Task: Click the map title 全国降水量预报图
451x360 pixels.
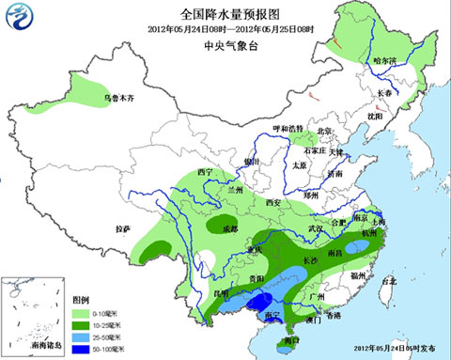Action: pyautogui.click(x=229, y=15)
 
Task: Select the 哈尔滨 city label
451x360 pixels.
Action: pyautogui.click(x=386, y=62)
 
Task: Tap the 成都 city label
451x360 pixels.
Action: pyautogui.click(x=218, y=228)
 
